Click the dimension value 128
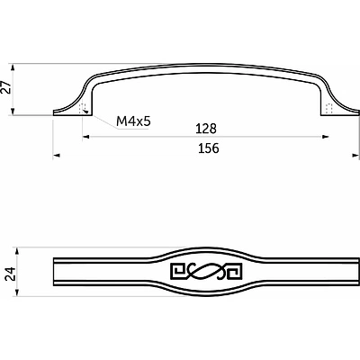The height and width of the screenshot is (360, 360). [x=206, y=129]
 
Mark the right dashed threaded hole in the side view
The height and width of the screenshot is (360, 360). [x=328, y=109]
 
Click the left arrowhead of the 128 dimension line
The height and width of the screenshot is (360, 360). [x=88, y=137]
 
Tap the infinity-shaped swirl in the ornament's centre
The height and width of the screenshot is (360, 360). [x=205, y=272]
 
